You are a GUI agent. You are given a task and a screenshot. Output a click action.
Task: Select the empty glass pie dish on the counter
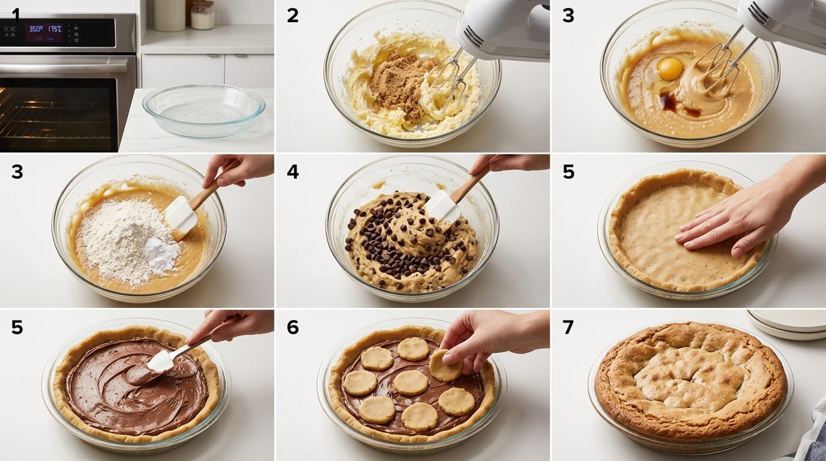tap(203, 110)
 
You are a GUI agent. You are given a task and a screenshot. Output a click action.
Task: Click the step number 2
tap(292, 16)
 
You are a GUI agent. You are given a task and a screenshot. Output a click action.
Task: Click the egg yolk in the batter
tap(669, 68)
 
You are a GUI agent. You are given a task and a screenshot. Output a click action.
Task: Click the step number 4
tap(292, 172)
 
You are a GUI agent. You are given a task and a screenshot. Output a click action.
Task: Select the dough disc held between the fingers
tap(445, 365)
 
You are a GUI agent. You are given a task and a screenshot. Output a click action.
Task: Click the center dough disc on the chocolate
tap(411, 382)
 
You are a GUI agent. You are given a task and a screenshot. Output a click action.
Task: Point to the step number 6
tap(292, 327)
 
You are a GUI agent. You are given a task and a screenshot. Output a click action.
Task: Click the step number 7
tap(567, 327)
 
